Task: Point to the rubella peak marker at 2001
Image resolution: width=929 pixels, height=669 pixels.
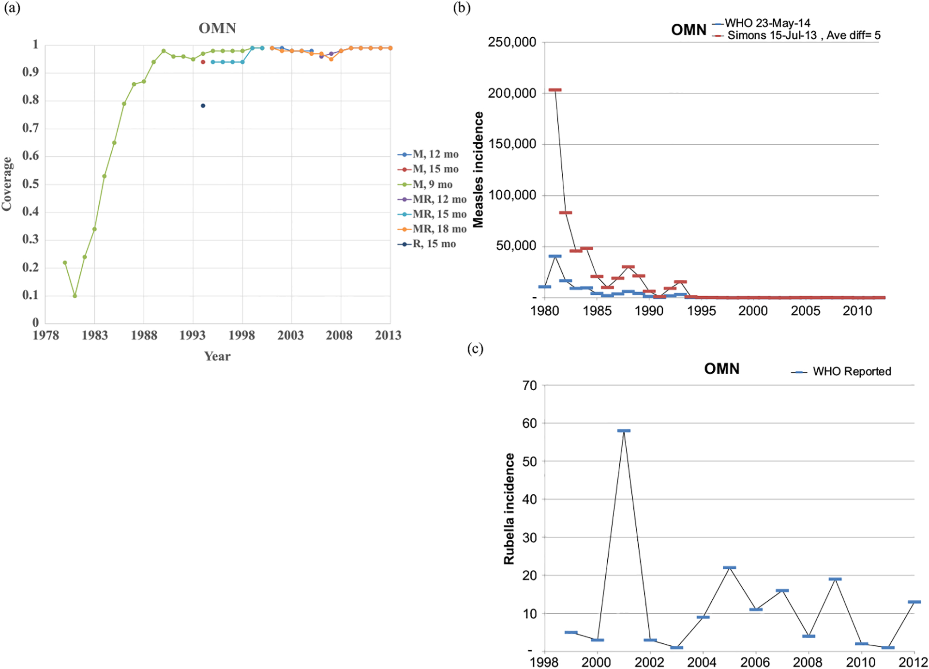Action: point(624,431)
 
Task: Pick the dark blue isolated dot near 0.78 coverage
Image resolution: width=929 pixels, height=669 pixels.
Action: point(203,106)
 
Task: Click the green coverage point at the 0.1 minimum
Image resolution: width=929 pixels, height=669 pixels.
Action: point(75,296)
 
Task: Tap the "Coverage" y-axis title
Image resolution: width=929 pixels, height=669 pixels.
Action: point(7,184)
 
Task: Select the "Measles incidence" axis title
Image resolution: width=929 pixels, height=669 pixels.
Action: point(478,169)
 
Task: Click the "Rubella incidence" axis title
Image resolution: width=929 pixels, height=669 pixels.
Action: point(509,509)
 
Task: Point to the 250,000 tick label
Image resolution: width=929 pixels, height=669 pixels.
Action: point(512,42)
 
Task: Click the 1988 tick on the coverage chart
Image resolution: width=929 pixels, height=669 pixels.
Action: point(144,335)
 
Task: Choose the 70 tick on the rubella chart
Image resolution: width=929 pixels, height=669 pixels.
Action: point(530,386)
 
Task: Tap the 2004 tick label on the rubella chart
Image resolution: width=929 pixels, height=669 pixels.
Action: point(702,662)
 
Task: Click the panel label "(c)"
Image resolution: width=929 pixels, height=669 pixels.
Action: point(475,349)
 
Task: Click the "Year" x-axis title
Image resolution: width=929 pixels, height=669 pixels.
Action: point(217,356)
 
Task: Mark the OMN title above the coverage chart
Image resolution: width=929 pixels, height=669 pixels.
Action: point(217,28)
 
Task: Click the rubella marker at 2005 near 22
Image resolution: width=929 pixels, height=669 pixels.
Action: point(729,567)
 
